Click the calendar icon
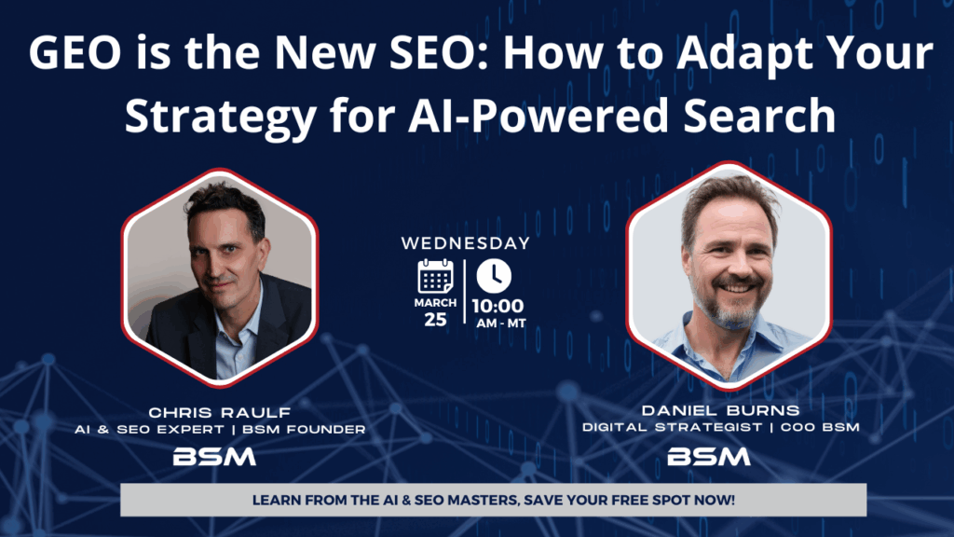tap(435, 278)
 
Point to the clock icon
tap(494, 276)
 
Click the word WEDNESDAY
tap(465, 243)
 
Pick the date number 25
tap(435, 319)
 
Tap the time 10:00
tap(497, 306)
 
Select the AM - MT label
tap(499, 323)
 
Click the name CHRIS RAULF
tap(219, 412)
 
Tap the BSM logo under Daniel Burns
tap(709, 456)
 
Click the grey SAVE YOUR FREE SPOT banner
tap(493, 500)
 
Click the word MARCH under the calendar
tap(435, 303)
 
